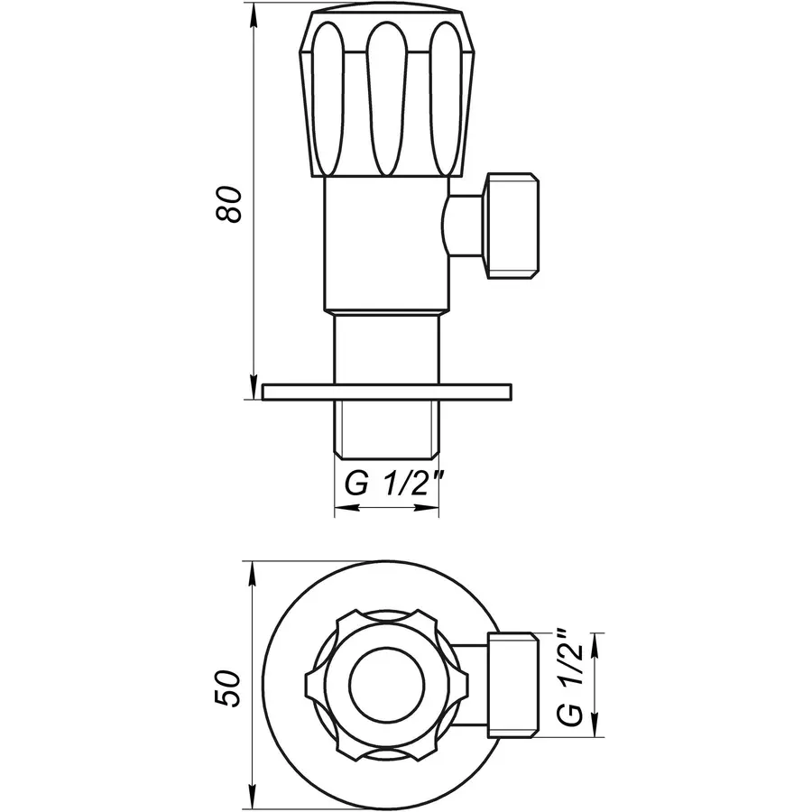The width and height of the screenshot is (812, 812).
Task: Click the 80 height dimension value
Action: (228, 205)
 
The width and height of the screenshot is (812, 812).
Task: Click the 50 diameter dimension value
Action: (228, 688)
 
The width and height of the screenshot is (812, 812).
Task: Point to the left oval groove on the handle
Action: (328, 98)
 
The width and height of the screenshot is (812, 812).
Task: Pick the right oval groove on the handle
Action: (447, 98)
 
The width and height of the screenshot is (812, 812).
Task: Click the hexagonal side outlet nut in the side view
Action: (512, 226)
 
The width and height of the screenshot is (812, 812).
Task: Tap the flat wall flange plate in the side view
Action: (387, 392)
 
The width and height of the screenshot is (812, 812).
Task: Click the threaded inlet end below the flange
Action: (387, 429)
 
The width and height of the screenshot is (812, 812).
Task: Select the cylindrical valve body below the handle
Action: (387, 245)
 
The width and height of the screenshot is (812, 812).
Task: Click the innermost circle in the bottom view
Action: (387, 685)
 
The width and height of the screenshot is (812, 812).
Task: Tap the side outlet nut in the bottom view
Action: (513, 685)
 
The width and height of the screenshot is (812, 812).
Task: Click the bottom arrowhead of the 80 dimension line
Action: (254, 387)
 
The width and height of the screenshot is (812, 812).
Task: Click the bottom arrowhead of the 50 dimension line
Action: (254, 798)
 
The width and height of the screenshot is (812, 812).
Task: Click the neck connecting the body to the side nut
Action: (465, 226)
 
